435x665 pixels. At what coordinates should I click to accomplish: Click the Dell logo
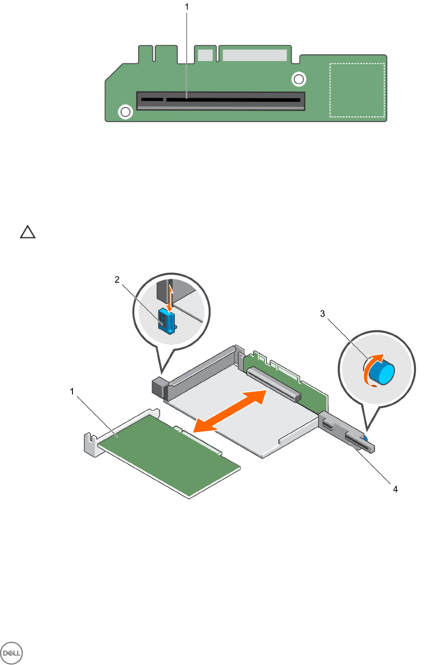(x=12, y=652)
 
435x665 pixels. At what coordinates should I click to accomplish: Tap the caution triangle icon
(x=28, y=233)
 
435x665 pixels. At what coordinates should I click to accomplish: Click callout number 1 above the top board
(x=187, y=7)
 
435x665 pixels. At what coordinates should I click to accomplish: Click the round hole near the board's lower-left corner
(x=125, y=112)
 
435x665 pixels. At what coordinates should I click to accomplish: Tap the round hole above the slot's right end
(x=299, y=79)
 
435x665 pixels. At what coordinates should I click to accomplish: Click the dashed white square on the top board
(x=357, y=90)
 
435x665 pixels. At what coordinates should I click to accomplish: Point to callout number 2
(x=117, y=280)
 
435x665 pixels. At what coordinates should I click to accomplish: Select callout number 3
(x=323, y=314)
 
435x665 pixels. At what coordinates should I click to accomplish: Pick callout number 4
(x=395, y=489)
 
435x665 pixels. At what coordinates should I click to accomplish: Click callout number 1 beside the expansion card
(x=72, y=391)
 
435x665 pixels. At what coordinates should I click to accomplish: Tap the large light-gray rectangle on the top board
(x=254, y=55)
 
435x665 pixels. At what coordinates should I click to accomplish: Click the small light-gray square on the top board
(x=205, y=55)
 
